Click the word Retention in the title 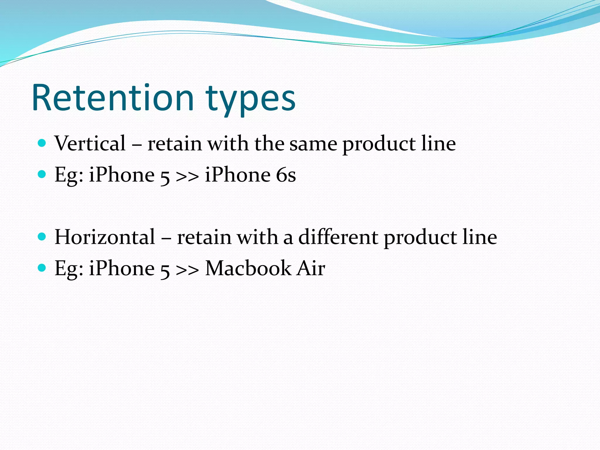coord(113,98)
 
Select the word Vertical coord(90,144)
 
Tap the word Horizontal coord(105,237)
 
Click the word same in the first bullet coord(313,144)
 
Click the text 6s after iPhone coord(286,175)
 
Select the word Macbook coord(248,268)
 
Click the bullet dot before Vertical coord(42,143)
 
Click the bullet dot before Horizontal coord(42,236)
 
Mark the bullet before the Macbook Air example coord(42,267)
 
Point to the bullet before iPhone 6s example coord(42,174)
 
